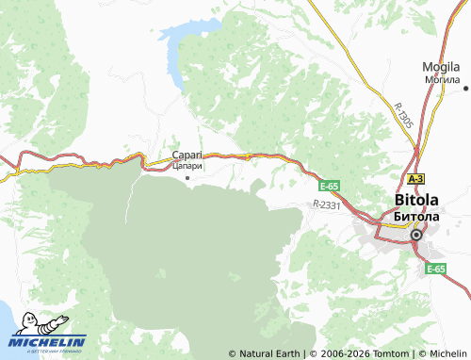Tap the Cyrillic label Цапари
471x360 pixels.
[x=187, y=167]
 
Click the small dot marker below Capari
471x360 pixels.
[x=187, y=177]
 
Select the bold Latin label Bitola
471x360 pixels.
[x=415, y=201]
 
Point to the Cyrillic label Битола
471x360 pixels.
[x=415, y=216]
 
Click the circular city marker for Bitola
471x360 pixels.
[x=415, y=235]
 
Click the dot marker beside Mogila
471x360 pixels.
[x=465, y=88]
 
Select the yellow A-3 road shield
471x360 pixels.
[x=415, y=178]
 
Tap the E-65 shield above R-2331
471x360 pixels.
[x=329, y=187]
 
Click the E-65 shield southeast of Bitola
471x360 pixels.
[x=435, y=269]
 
